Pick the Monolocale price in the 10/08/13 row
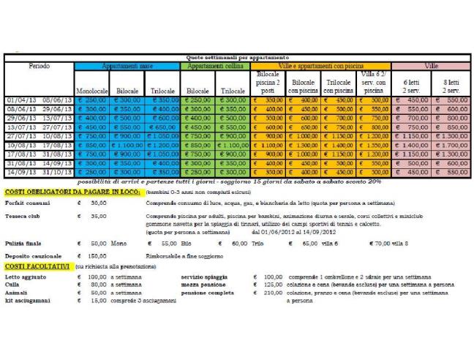pos(92,146)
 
